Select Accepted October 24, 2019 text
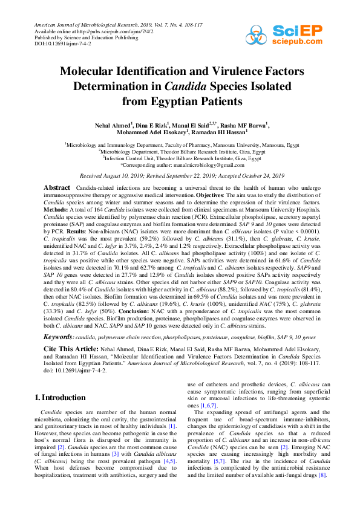click(x=250, y=175)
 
